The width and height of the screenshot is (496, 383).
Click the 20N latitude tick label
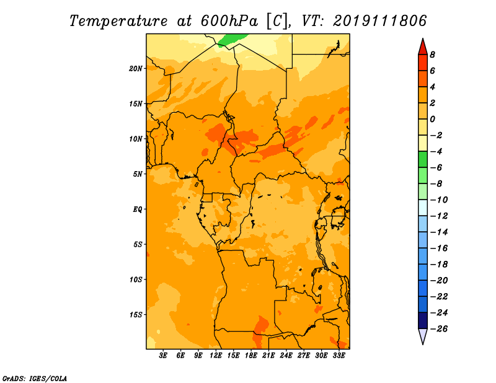pos(136,69)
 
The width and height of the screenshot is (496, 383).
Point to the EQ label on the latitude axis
pos(137,209)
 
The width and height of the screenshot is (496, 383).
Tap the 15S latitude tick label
pos(136,315)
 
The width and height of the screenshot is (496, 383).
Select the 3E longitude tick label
pos(163,355)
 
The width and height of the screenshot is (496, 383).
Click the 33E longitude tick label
pos(339,355)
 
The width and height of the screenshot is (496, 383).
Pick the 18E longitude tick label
pos(251,355)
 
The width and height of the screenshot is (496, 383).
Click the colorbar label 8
pos(432,55)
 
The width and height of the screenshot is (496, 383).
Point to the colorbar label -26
pos(439,329)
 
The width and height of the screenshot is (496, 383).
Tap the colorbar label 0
pos(432,119)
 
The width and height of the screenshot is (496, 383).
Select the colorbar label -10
pos(439,200)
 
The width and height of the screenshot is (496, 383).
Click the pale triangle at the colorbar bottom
pos(423,337)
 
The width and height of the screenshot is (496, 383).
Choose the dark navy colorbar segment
pos(423,320)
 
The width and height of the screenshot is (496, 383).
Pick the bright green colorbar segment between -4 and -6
pos(423,159)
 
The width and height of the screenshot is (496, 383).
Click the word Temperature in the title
pos(118,22)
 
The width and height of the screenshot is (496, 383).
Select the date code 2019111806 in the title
pos(380,21)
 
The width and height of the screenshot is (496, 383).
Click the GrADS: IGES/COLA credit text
pos(35,379)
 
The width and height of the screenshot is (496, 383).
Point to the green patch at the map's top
pos(232,40)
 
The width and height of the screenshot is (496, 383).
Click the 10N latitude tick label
pos(136,139)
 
